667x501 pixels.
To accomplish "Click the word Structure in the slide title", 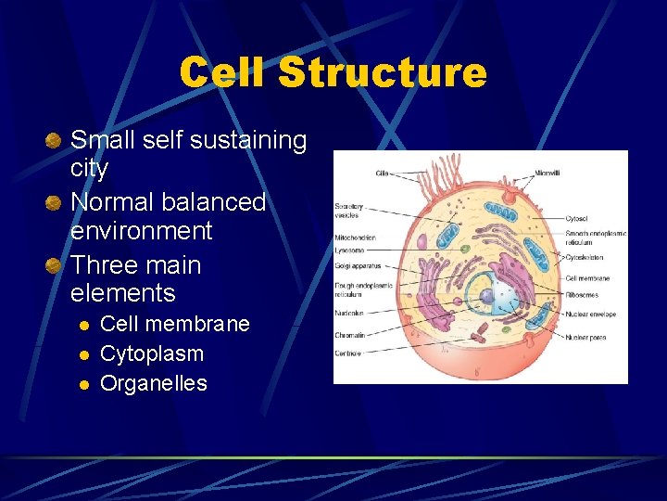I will (x=381, y=72).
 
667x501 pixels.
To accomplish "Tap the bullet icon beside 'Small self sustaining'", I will (x=55, y=141).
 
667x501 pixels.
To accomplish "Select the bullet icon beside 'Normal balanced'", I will (x=55, y=202).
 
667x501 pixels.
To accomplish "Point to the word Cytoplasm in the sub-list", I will (x=152, y=353).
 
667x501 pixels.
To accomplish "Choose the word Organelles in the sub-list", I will (x=154, y=383).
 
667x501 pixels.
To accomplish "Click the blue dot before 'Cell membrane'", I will (x=83, y=325).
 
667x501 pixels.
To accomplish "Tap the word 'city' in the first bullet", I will (x=90, y=169).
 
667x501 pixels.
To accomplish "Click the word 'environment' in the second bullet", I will (x=142, y=230).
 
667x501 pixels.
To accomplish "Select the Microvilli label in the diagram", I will (x=547, y=173).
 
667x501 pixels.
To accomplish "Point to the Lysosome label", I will (x=349, y=250).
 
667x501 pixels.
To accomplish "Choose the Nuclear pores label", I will (x=585, y=338).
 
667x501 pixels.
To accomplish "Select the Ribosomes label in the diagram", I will (x=583, y=293).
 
